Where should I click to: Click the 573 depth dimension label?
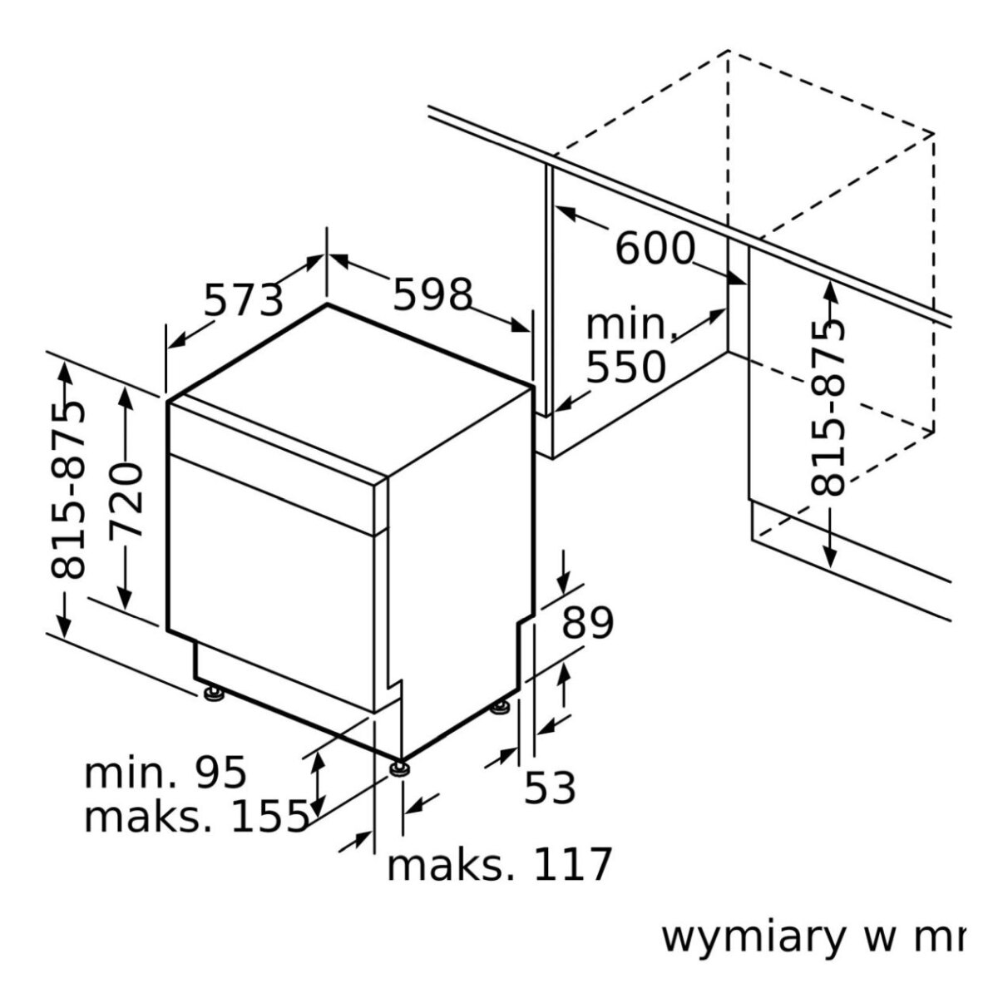244,300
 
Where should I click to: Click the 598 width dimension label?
432,294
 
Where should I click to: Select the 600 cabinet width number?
655,248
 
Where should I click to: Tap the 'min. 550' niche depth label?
627,345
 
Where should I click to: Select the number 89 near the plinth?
587,623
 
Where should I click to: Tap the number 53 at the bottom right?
550,788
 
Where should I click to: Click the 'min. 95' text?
166,773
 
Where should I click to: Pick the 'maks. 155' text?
196,818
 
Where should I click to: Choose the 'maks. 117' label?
499,866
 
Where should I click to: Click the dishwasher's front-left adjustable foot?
212,692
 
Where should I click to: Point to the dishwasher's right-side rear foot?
501,709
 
